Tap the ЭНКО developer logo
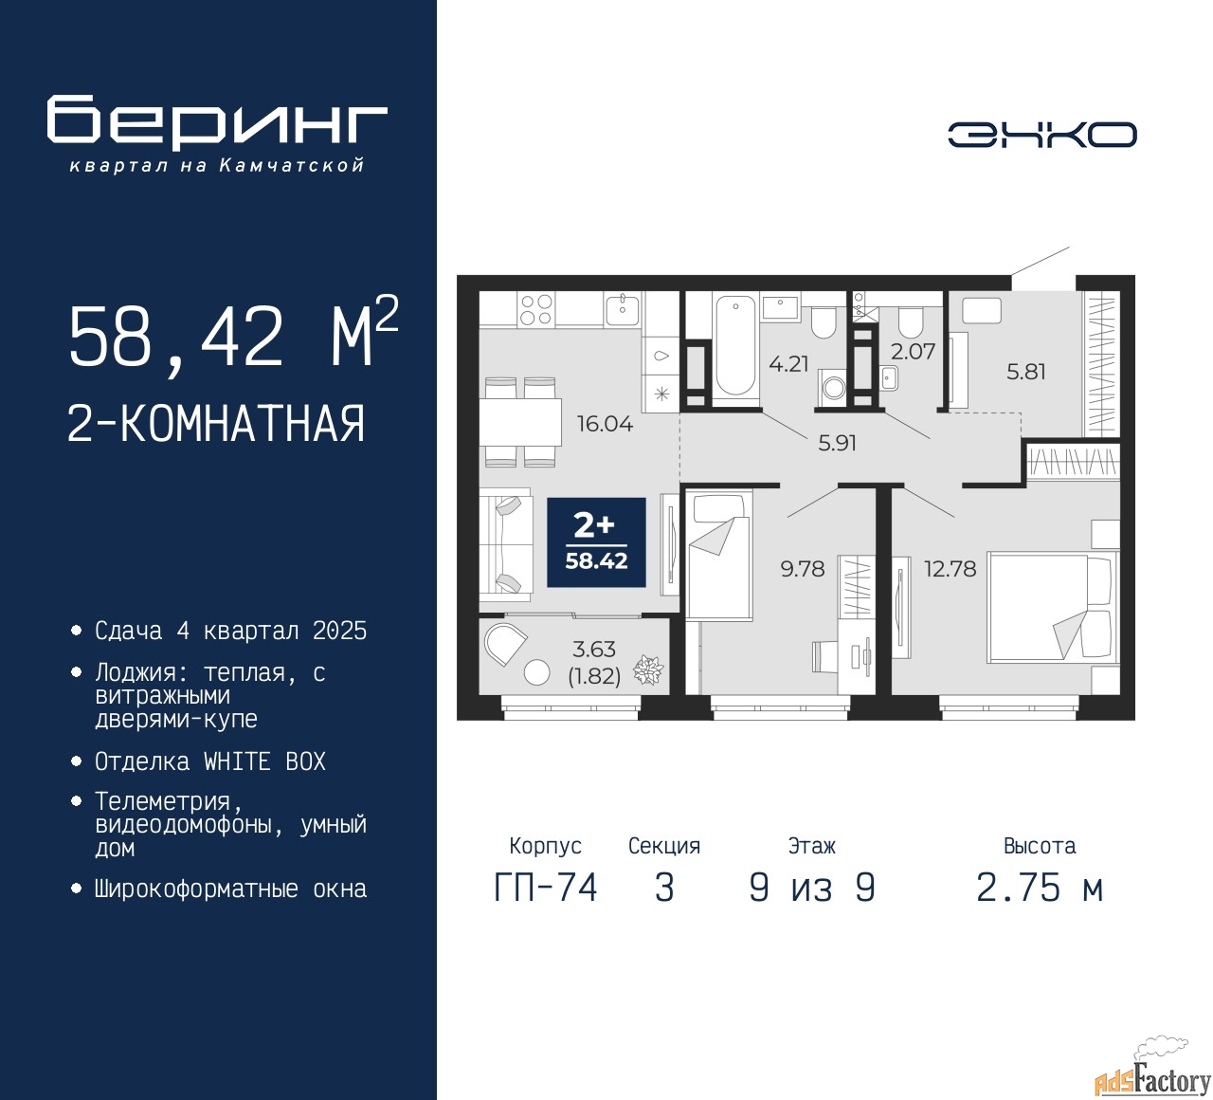tap(1041, 135)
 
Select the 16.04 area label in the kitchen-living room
tap(605, 424)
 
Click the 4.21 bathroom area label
tap(788, 364)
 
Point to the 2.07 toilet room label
tap(913, 352)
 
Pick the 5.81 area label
tap(1026, 372)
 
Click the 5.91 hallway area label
tap(837, 443)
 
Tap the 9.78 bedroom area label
tap(803, 569)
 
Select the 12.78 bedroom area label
tap(950, 569)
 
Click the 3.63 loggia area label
tap(594, 650)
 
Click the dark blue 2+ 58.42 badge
tap(596, 543)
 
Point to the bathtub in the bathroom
tap(735, 345)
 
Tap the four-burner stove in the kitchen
tap(536, 310)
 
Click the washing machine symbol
tap(834, 387)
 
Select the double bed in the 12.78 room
tap(1050, 607)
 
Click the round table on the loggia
tap(537, 672)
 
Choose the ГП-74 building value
tap(546, 889)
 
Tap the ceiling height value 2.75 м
tap(1040, 889)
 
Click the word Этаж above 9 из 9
tap(811, 846)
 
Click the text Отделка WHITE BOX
tap(210, 761)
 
